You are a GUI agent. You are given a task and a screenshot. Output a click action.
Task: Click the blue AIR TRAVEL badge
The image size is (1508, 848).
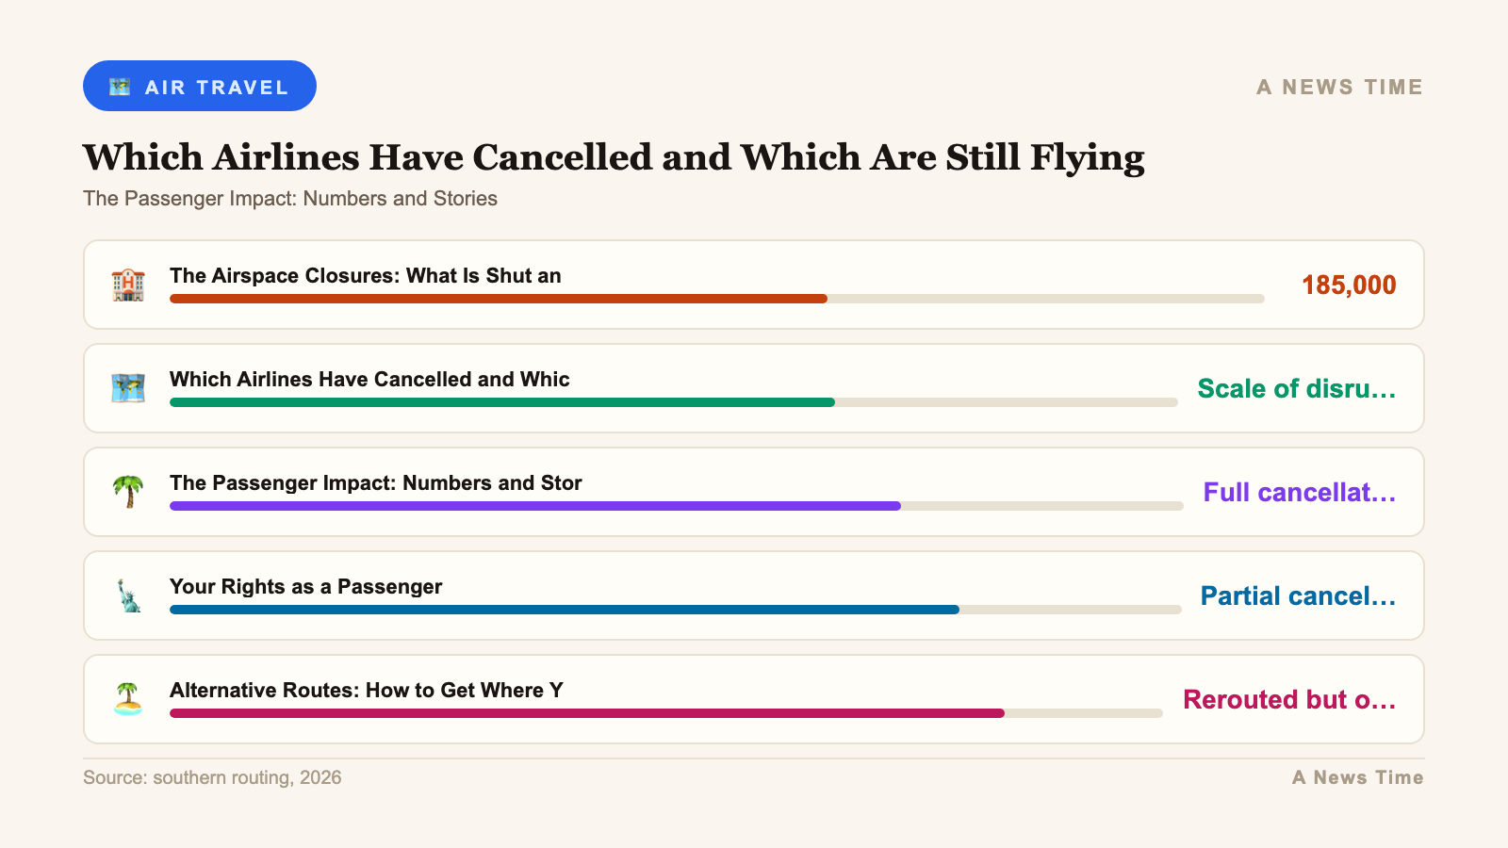pyautogui.click(x=199, y=86)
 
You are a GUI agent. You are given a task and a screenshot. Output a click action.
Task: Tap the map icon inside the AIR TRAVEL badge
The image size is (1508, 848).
pyautogui.click(x=120, y=87)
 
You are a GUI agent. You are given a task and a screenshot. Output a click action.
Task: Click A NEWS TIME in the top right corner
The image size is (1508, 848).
pyautogui.click(x=1339, y=87)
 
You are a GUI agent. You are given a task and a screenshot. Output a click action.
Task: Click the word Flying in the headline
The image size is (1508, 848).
pyautogui.click(x=1087, y=158)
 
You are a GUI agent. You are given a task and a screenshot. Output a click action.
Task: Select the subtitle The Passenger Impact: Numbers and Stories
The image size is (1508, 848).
pyautogui.click(x=290, y=199)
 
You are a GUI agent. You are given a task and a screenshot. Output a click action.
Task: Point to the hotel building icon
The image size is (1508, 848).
pyautogui.click(x=128, y=285)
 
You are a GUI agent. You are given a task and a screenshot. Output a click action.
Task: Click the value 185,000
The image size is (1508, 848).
pyautogui.click(x=1348, y=285)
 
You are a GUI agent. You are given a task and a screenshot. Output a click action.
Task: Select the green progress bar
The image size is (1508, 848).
pyautogui.click(x=501, y=402)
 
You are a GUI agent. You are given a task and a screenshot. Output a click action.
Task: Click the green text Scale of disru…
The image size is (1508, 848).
pyautogui.click(x=1296, y=389)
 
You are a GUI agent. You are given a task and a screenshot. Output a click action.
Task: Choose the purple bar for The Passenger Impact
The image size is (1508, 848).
pyautogui.click(x=534, y=506)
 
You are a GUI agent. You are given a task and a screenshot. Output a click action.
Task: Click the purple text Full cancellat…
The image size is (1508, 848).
pyautogui.click(x=1299, y=493)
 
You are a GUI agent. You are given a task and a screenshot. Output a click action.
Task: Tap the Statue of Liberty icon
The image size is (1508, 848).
pyautogui.click(x=128, y=595)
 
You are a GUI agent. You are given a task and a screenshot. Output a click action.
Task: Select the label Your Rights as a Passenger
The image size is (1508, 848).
pyautogui.click(x=305, y=587)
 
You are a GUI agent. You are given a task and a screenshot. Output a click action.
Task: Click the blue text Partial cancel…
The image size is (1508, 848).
pyautogui.click(x=1297, y=596)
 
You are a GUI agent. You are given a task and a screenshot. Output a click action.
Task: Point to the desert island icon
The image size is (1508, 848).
pyautogui.click(x=128, y=699)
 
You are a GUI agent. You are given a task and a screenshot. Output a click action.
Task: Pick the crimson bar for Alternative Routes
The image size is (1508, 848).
pyautogui.click(x=586, y=713)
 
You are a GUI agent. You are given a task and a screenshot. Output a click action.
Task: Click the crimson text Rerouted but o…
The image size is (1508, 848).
pyautogui.click(x=1288, y=700)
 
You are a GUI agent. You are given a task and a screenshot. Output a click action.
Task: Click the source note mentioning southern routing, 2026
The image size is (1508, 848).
pyautogui.click(x=212, y=778)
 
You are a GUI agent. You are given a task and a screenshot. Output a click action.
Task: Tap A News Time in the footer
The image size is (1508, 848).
pyautogui.click(x=1357, y=778)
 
